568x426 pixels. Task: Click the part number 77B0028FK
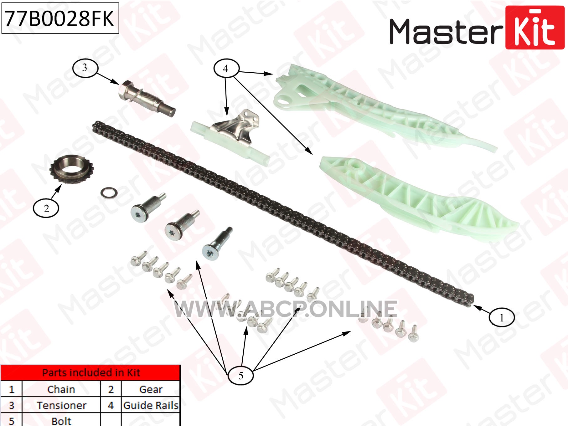pyautogui.click(x=60, y=18)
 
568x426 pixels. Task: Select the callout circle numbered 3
pyautogui.click(x=85, y=68)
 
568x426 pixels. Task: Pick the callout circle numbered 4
pyautogui.click(x=226, y=68)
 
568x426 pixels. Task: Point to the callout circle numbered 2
pyautogui.click(x=46, y=208)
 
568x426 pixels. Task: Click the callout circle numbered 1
pyautogui.click(x=501, y=317)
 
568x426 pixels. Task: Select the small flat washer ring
pyautogui.click(x=109, y=193)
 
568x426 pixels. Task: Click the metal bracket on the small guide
pyautogui.click(x=236, y=126)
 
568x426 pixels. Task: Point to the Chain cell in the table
pyautogui.click(x=61, y=389)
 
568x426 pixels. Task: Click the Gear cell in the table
pyautogui.click(x=151, y=389)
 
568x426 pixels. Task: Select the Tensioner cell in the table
pyautogui.click(x=61, y=405)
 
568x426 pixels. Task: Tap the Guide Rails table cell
pyautogui.click(x=151, y=405)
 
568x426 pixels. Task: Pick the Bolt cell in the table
pyautogui.click(x=61, y=420)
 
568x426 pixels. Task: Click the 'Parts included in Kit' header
pyautogui.click(x=91, y=372)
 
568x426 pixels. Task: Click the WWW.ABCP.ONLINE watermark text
pyautogui.click(x=286, y=309)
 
